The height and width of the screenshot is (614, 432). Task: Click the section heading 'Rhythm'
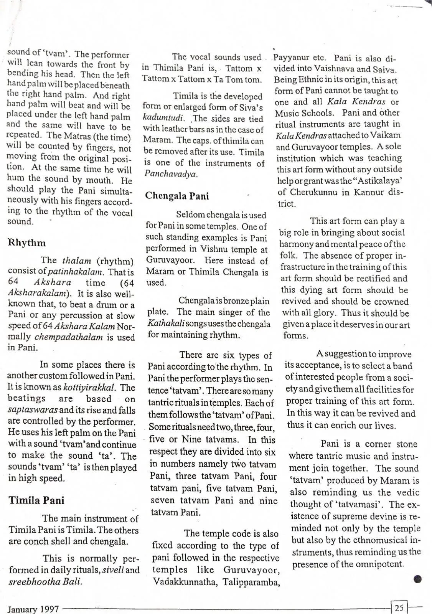pos(26,243)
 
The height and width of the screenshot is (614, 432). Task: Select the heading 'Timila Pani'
pos(36,500)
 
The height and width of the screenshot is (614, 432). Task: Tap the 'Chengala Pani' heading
pos(177,196)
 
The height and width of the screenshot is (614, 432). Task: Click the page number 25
pos(399,607)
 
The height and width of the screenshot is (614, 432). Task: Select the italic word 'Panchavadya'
pos(171,174)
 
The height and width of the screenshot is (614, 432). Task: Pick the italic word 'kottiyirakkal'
pos(89,387)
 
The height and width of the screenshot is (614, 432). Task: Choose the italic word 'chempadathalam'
pos(69,337)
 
